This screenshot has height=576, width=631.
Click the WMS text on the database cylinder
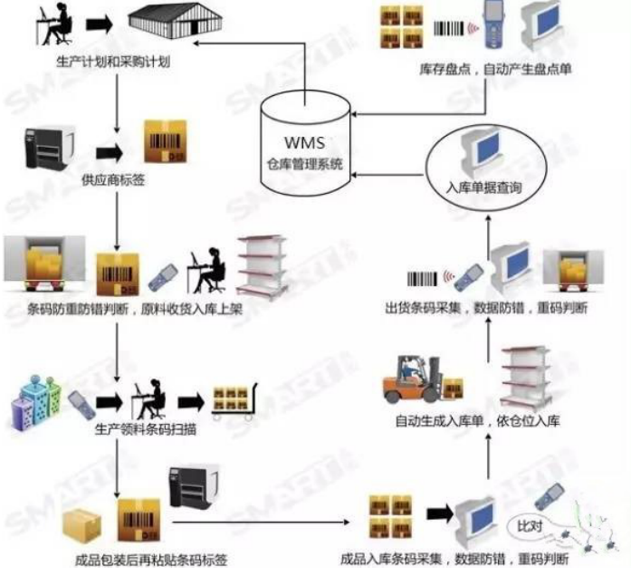click(x=304, y=142)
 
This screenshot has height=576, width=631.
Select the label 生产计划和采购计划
click(x=113, y=62)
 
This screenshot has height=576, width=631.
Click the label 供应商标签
click(x=113, y=180)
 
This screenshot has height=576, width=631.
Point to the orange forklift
click(x=414, y=379)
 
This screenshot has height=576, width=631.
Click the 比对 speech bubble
click(x=530, y=526)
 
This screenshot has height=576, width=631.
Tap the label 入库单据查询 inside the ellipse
click(x=483, y=187)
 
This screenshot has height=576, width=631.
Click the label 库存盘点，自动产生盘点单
click(x=495, y=69)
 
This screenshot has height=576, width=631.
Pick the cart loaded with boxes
click(x=234, y=401)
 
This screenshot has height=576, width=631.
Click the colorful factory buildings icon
click(x=36, y=402)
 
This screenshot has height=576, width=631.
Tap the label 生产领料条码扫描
click(x=146, y=429)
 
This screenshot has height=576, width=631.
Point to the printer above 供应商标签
click(x=50, y=148)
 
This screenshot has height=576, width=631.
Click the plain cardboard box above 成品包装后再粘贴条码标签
click(x=81, y=526)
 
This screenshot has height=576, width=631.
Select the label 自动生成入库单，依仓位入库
click(x=478, y=421)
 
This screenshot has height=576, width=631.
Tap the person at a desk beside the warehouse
click(x=55, y=24)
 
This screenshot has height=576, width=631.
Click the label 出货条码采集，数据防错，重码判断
click(x=486, y=308)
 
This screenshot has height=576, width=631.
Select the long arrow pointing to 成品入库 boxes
click(x=261, y=523)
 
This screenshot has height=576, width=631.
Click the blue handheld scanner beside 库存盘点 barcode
click(x=494, y=25)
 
